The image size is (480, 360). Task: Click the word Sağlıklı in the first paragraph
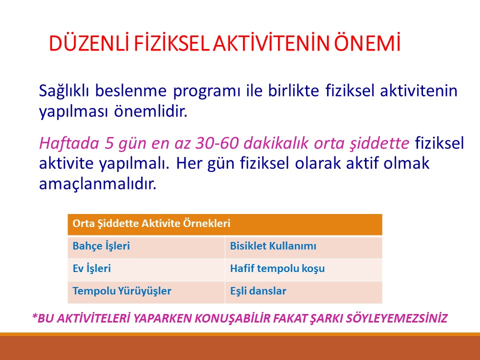coord(57,92)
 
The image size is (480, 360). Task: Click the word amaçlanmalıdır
coord(97,184)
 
